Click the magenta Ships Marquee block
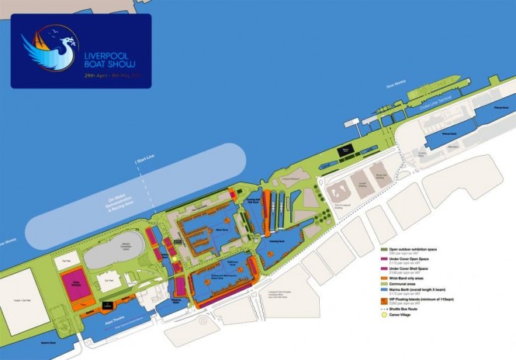[x=74, y=284]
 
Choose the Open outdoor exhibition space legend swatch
[x=383, y=248]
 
